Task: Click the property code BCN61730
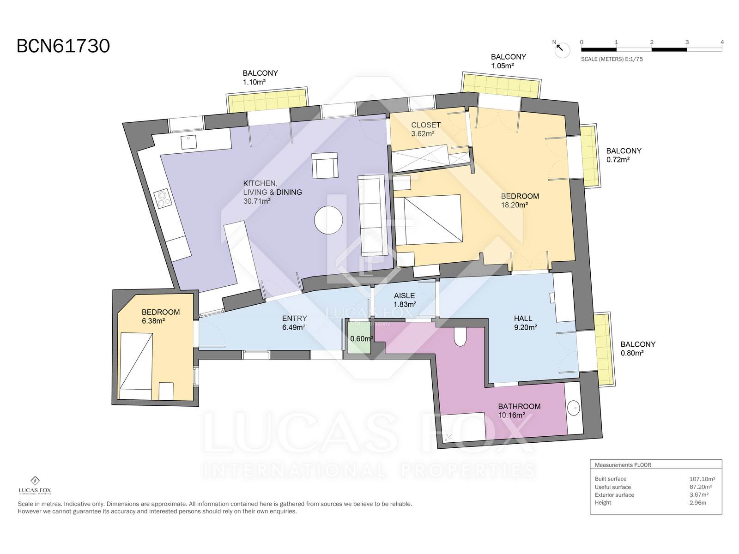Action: tap(63, 46)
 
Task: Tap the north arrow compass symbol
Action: tap(562, 49)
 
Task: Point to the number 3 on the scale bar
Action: tap(687, 42)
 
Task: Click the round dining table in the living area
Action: tap(328, 220)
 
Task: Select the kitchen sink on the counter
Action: tap(188, 142)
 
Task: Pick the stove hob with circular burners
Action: tap(163, 199)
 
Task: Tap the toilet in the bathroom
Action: tap(460, 337)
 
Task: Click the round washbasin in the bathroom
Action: tap(573, 409)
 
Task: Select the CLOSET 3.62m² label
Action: tap(425, 129)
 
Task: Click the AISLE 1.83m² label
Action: tap(405, 300)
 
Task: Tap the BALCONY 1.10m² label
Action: tap(260, 78)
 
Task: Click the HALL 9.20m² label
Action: tap(525, 323)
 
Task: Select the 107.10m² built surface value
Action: tap(702, 479)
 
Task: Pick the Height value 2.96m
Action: tap(697, 503)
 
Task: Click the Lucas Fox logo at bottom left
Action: tap(35, 486)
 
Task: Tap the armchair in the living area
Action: tap(325, 165)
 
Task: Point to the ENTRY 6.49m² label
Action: tap(294, 323)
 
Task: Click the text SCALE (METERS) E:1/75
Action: tap(612, 59)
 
